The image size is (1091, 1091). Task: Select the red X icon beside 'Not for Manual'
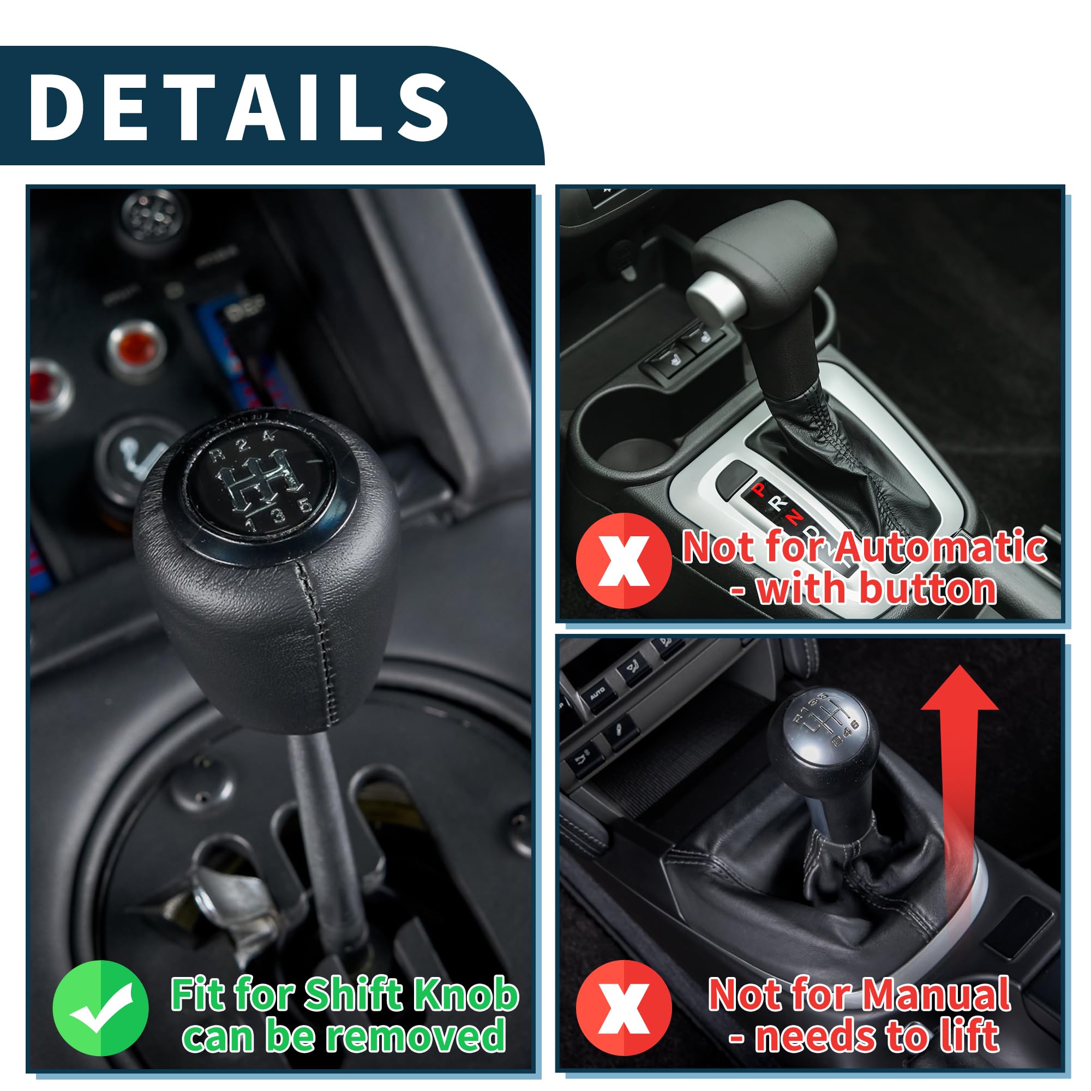(x=624, y=1008)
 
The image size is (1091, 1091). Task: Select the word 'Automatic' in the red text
(x=942, y=547)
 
